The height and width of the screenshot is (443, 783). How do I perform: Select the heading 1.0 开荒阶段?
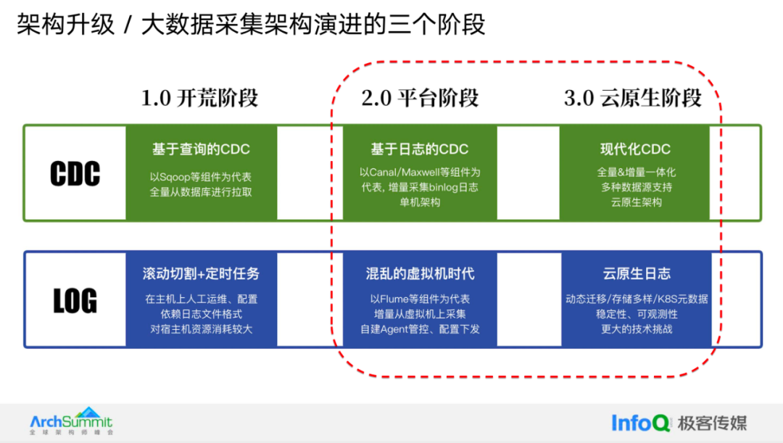pyautogui.click(x=199, y=98)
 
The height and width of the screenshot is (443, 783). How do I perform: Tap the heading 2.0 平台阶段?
pyautogui.click(x=420, y=98)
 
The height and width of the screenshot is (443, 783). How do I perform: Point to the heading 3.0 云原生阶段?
pyautogui.click(x=633, y=98)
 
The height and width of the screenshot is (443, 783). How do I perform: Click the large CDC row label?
pyautogui.click(x=75, y=173)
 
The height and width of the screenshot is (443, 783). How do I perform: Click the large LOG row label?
pyautogui.click(x=75, y=300)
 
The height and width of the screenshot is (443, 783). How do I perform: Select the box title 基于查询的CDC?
pyautogui.click(x=201, y=149)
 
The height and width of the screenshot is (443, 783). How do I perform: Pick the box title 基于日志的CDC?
pyautogui.click(x=420, y=149)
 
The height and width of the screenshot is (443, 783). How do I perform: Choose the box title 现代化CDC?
pyautogui.click(x=636, y=149)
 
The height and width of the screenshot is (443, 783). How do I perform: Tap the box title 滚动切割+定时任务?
pyautogui.click(x=201, y=274)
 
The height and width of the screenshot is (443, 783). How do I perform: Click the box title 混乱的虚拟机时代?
pyautogui.click(x=420, y=274)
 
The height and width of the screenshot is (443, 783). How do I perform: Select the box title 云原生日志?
pyautogui.click(x=636, y=274)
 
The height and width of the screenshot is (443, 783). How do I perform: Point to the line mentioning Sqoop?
pyautogui.click(x=201, y=177)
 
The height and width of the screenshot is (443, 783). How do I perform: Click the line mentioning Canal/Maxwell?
pyautogui.click(x=420, y=173)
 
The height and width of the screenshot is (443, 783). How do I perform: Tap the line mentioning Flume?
pyautogui.click(x=420, y=299)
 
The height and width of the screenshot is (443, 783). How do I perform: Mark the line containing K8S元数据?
pyautogui.click(x=636, y=299)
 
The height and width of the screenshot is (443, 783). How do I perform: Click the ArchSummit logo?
pyautogui.click(x=71, y=421)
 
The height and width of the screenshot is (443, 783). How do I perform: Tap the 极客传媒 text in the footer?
pyautogui.click(x=712, y=423)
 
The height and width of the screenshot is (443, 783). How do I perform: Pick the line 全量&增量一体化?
pyautogui.click(x=636, y=173)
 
